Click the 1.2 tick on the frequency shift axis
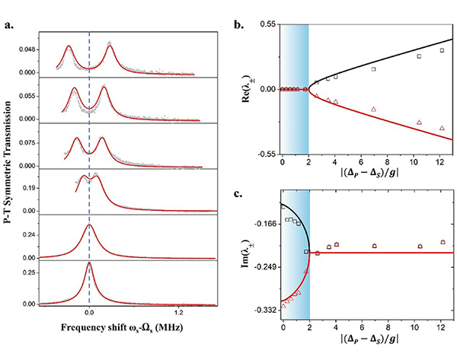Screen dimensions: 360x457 (178, 313)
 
